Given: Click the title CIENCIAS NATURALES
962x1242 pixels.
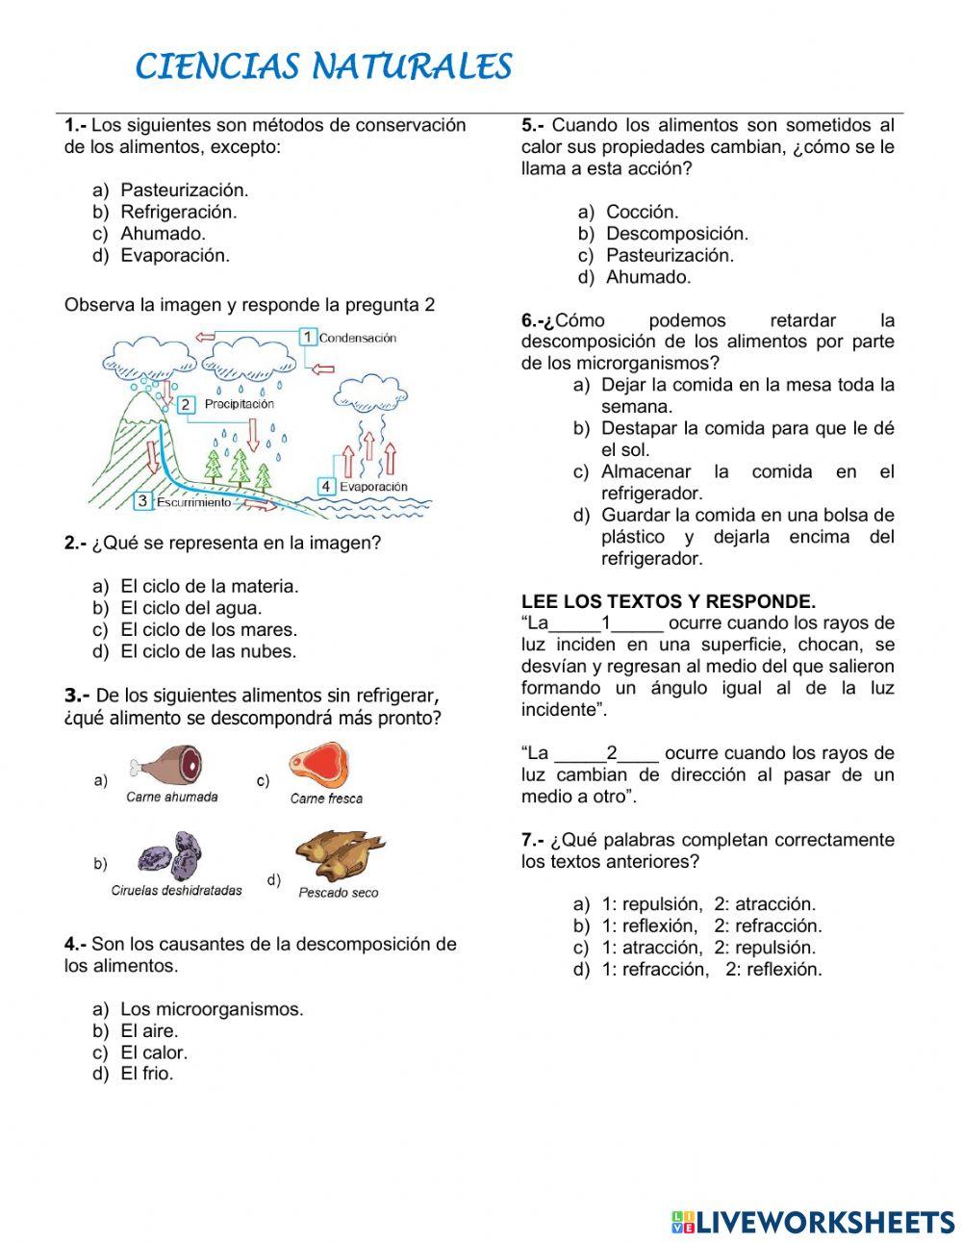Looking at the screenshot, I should click(323, 67).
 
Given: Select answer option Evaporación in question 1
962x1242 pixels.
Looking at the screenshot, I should click(174, 256).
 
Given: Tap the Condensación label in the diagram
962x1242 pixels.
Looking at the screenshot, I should click(357, 338).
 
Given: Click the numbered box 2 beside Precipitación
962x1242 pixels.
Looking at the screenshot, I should click(186, 405).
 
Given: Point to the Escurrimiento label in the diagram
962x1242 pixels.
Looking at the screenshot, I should click(193, 502).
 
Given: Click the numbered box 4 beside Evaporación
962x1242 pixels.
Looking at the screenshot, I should click(326, 487).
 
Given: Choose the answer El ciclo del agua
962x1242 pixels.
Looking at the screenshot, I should click(190, 608).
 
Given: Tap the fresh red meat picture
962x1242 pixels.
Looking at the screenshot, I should click(318, 764).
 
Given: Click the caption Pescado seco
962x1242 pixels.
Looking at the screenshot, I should click(339, 893).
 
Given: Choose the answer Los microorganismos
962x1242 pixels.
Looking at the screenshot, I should click(211, 1009).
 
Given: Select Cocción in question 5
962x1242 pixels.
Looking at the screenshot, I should click(642, 212).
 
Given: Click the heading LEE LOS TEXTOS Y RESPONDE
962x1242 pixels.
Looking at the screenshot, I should click(669, 602).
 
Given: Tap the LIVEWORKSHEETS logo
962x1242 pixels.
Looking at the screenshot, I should click(813, 1222).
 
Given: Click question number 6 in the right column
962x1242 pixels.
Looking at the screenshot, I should click(536, 321).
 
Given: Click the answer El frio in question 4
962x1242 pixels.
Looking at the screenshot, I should click(146, 1075).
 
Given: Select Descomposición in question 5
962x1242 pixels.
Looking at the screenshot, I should click(676, 234).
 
